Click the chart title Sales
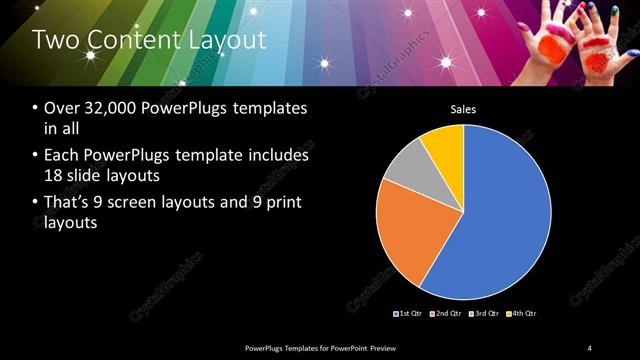coord(463,108)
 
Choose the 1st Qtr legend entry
coord(407,315)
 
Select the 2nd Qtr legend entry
coord(445,315)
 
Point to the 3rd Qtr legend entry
coord(483,315)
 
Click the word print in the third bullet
coord(277,203)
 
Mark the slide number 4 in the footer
coord(589,347)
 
